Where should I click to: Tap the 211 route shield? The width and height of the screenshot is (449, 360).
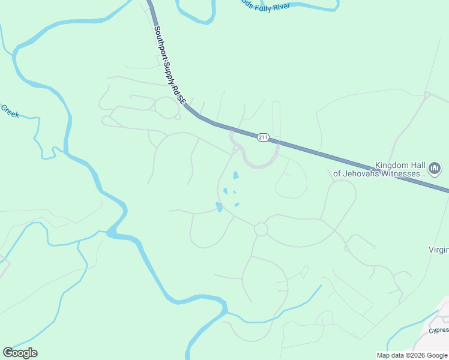click(263, 137)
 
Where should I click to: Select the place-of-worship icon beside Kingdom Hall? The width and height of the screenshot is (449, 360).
click(436, 167)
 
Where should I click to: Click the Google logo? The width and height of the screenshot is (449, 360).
click(20, 353)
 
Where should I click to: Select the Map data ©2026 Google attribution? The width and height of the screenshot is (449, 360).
click(412, 355)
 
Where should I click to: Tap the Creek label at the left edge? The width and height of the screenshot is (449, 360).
click(10, 111)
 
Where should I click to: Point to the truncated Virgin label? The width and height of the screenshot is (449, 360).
click(438, 249)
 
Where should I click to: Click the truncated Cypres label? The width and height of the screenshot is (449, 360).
click(438, 330)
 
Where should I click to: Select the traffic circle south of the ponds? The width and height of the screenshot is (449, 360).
click(261, 229)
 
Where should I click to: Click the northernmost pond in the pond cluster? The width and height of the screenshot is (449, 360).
click(235, 176)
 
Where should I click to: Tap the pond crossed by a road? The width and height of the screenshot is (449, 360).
click(219, 207)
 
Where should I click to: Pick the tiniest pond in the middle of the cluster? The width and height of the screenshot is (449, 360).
click(234, 193)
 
